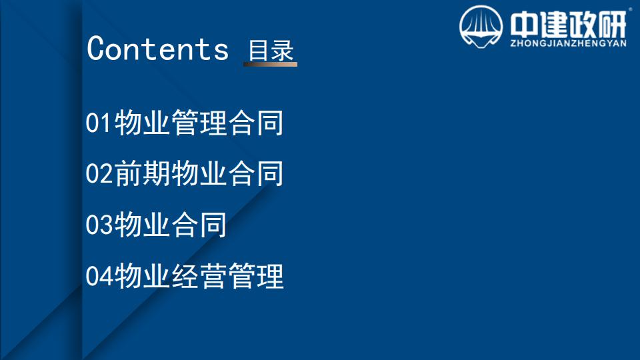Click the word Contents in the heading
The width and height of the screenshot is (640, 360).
click(157, 49)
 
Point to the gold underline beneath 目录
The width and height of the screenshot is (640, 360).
click(270, 64)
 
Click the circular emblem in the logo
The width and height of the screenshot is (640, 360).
click(481, 27)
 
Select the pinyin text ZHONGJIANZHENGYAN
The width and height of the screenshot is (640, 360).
click(568, 43)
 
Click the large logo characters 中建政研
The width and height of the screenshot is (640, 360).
click(568, 24)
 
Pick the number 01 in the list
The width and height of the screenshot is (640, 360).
click(99, 123)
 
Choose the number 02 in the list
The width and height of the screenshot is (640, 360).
click(99, 173)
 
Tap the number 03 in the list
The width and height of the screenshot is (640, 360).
click(99, 225)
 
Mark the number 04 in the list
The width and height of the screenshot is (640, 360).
click(99, 276)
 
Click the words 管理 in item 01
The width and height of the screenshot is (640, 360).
click(199, 123)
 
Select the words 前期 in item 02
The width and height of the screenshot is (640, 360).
click(143, 173)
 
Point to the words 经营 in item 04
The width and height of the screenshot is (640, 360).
click(199, 276)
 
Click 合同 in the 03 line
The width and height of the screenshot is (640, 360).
click(199, 225)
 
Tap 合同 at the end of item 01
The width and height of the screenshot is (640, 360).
click(256, 123)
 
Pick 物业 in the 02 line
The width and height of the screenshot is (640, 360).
click(199, 173)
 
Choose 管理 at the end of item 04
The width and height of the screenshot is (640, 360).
click(256, 276)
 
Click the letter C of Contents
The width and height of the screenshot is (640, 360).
click(96, 49)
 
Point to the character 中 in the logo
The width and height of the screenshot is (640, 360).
click(524, 24)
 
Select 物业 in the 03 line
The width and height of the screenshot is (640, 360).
click(143, 225)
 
